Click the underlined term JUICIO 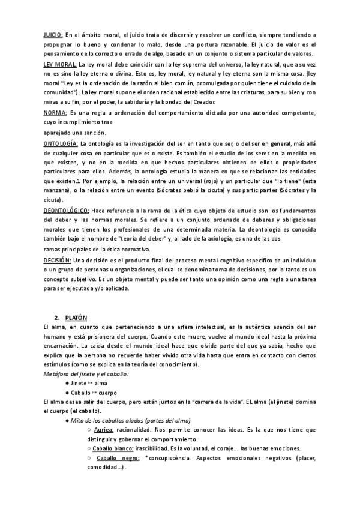pyautogui.click(x=53, y=35)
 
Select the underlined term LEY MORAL pyautogui.click(x=60, y=63)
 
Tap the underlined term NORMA pyautogui.click(x=55, y=112)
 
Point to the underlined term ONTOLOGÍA pyautogui.click(x=61, y=143)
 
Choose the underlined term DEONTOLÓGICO pyautogui.click(x=66, y=210)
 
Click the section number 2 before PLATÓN pyautogui.click(x=55, y=317)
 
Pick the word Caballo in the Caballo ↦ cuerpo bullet pyautogui.click(x=82, y=393)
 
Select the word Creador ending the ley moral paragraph pyautogui.click(x=199, y=101)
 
